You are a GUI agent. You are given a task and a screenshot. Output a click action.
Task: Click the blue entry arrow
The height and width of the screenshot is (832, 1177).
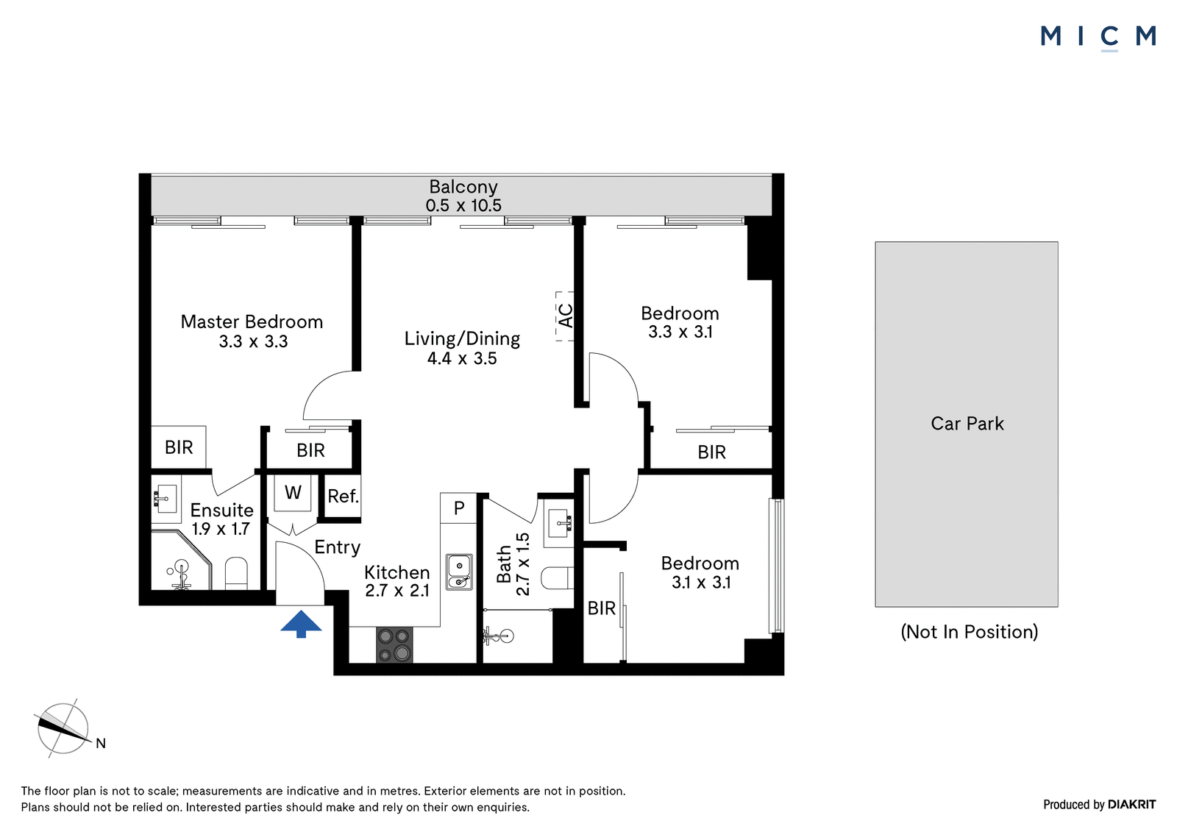point(301,624)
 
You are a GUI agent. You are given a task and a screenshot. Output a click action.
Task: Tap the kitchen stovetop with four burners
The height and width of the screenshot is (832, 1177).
point(394,645)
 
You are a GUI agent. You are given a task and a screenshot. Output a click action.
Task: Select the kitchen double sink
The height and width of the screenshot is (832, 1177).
point(459,572)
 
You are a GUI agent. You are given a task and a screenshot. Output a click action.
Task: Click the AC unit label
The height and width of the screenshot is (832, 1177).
point(566,316)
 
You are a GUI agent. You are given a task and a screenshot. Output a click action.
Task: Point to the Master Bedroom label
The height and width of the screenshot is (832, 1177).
point(252,321)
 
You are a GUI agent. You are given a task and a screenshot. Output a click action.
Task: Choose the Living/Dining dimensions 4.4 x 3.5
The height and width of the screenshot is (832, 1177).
point(462,358)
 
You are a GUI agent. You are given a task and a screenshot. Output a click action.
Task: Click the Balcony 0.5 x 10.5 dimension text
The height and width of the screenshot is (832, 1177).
point(463,205)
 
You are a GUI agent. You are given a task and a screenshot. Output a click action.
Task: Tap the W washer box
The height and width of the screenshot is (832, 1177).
point(293,493)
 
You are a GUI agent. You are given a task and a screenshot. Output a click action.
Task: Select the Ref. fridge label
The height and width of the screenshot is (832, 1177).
point(343,496)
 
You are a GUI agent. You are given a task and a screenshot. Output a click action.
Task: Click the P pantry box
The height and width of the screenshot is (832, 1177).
point(459,508)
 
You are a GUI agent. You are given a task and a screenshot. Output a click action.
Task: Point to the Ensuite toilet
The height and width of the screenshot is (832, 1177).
point(236,573)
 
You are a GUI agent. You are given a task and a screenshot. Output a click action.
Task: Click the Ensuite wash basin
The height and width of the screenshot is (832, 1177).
point(166,499)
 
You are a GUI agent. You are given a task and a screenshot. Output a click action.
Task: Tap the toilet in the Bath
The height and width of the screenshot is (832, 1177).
point(557,578)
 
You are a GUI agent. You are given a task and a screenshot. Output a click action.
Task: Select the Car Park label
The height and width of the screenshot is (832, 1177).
point(967,424)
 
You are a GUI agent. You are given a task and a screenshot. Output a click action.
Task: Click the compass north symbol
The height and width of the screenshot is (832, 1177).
point(63,728)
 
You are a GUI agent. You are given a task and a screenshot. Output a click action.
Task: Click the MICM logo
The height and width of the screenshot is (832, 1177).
point(1098,38)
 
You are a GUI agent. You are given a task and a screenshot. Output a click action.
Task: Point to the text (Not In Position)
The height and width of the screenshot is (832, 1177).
point(970,632)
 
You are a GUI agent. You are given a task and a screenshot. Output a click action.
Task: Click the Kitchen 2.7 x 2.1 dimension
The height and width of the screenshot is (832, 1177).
point(397,591)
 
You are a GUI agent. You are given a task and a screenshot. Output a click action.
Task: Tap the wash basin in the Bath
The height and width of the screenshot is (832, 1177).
point(558,523)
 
